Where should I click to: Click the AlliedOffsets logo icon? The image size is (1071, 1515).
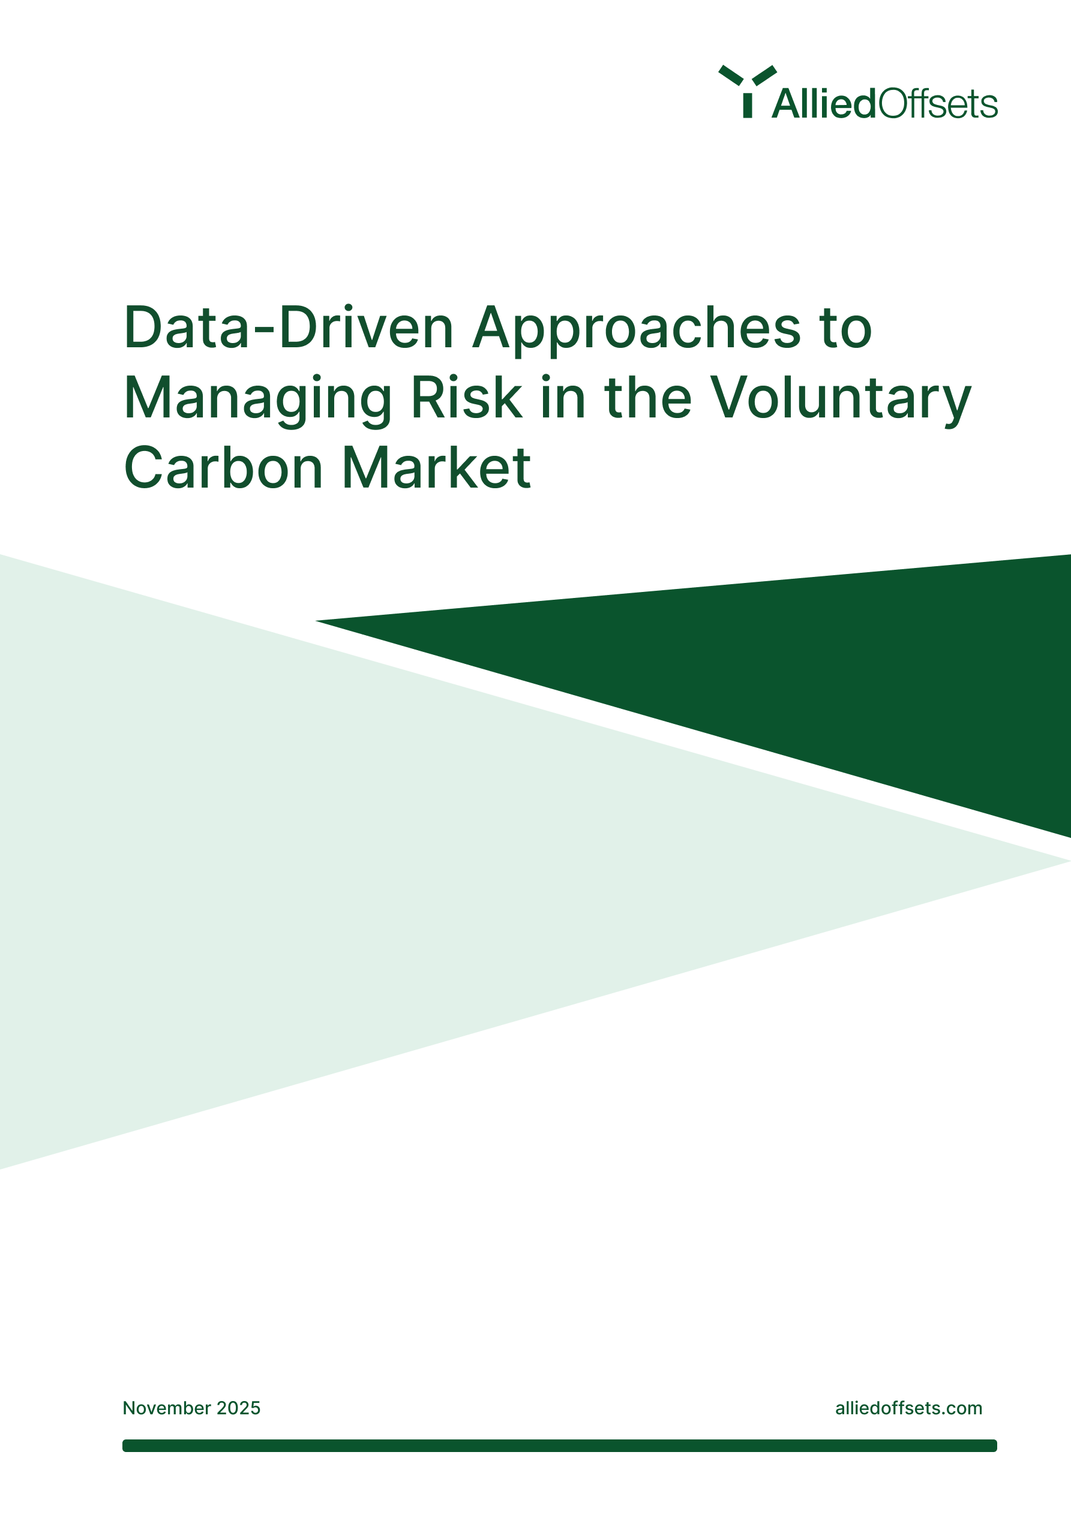click(748, 91)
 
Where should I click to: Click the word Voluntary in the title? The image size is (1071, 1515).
click(840, 400)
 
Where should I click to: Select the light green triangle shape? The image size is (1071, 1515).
click(330, 858)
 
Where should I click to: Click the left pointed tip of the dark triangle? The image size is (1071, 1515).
click(320, 621)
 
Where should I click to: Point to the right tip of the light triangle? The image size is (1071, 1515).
click(1064, 861)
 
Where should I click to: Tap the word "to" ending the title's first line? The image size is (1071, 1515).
click(846, 329)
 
